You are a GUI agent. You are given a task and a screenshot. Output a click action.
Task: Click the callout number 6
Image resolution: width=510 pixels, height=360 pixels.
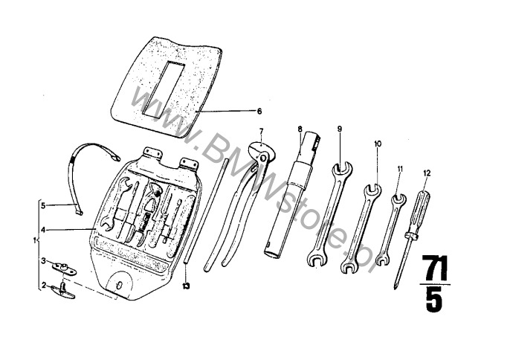click(259, 112)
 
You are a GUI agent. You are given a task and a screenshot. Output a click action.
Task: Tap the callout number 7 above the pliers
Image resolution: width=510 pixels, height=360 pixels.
click(261, 131)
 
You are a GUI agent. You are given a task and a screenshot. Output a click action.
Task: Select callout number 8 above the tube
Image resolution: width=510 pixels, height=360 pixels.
click(300, 129)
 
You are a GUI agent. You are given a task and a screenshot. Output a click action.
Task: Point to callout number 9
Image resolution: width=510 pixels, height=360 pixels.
click(340, 129)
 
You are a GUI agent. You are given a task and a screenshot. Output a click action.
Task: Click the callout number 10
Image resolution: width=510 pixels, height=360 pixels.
click(378, 144)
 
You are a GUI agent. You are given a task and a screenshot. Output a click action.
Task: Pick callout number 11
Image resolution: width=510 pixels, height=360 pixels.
click(400, 169)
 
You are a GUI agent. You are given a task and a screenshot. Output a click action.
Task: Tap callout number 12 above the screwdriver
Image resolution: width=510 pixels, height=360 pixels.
click(427, 173)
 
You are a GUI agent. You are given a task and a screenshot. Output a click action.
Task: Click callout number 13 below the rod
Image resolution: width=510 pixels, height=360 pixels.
click(186, 286)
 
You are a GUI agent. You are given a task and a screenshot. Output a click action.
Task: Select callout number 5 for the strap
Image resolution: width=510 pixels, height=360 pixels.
click(43, 205)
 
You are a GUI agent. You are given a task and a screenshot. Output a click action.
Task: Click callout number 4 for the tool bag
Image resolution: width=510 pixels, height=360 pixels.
click(43, 230)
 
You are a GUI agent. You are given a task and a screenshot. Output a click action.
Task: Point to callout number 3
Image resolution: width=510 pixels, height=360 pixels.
click(43, 261)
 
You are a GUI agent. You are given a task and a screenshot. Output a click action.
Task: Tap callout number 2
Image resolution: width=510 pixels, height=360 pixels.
click(44, 286)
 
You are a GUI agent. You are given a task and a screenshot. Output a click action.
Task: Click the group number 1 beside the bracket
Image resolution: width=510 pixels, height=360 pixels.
click(34, 241)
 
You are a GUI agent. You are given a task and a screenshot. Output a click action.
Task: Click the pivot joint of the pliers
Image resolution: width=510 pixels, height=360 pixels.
click(262, 157)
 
